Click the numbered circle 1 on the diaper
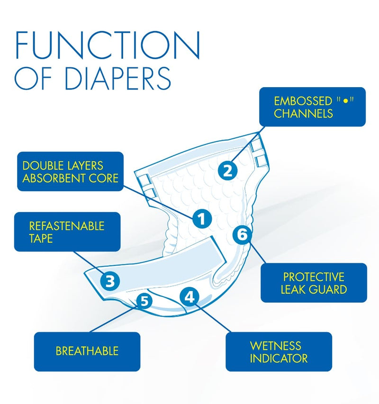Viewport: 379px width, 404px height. (201, 218)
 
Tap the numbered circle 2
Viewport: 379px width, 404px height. (228, 171)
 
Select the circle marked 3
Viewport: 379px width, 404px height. (109, 281)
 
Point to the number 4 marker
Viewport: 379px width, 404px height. (189, 297)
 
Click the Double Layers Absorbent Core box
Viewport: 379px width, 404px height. (70, 171)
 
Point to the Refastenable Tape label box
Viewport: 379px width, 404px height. (67, 231)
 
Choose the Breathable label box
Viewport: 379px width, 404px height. (87, 351)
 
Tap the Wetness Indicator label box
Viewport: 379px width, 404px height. (278, 351)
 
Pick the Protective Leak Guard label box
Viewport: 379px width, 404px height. (314, 283)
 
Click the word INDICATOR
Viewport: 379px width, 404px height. (279, 358)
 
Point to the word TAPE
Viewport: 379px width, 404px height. (41, 238)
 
